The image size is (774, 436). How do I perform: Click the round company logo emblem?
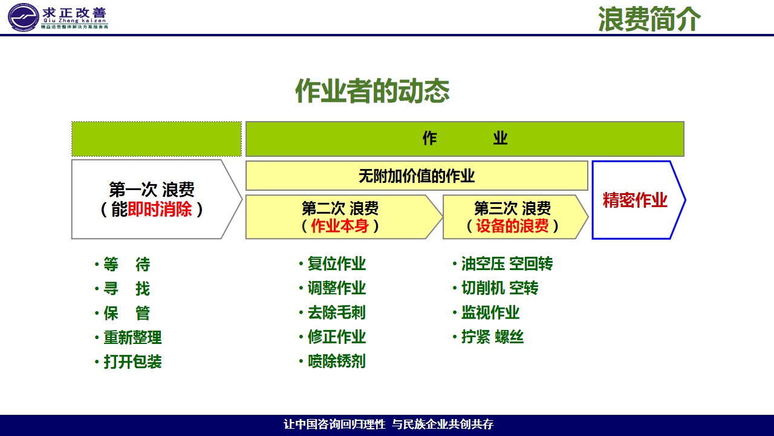(23, 18)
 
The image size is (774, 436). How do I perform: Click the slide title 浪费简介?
(649, 19)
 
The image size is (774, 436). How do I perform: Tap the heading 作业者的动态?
(372, 91)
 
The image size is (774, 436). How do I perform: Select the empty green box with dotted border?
(157, 139)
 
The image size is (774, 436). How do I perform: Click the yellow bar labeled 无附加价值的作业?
(417, 176)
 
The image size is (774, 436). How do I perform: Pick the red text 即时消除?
(160, 209)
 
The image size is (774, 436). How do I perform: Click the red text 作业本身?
(340, 226)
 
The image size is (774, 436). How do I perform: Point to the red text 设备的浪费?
(512, 226)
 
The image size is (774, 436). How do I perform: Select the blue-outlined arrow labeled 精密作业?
(639, 200)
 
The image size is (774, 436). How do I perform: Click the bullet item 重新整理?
(132, 337)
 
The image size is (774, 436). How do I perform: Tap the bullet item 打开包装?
(132, 362)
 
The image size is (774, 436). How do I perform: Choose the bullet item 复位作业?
(337, 263)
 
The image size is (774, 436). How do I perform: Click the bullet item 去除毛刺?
(337, 312)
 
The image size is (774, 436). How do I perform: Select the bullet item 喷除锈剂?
(337, 362)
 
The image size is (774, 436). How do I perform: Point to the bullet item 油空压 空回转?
(507, 263)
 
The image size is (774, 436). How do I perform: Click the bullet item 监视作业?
(490, 312)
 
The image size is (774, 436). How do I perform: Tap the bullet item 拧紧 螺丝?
(492, 337)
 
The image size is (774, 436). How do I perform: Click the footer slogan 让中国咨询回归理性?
(334, 424)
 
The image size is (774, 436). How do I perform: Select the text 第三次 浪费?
(512, 208)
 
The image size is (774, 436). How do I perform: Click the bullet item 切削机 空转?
(499, 288)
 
